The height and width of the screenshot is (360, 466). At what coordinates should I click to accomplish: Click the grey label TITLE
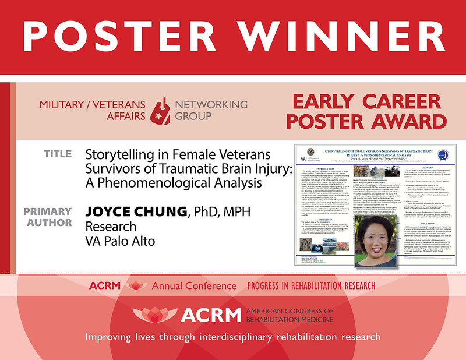[58, 154]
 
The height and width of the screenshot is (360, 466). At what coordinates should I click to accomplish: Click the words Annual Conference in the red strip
[195, 286]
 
